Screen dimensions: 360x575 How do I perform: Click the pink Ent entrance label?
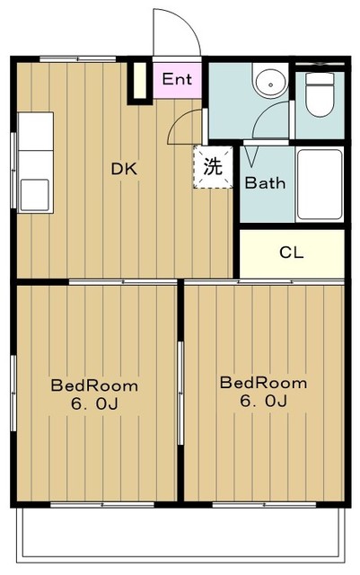[x=177, y=79]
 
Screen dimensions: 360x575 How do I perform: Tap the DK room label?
[x=124, y=169]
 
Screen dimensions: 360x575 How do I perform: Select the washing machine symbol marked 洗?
[x=213, y=167]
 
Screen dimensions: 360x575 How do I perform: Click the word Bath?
[x=265, y=182]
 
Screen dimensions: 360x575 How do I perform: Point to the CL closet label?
[x=292, y=252]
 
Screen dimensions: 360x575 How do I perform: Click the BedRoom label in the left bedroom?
[x=94, y=385]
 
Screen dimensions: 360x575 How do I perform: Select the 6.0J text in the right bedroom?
[x=263, y=401]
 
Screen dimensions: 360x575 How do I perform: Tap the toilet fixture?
[x=320, y=94]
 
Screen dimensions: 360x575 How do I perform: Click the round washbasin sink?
[x=271, y=84]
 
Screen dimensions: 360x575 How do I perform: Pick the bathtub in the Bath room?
[x=320, y=184]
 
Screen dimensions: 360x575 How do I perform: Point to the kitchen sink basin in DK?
[x=35, y=195]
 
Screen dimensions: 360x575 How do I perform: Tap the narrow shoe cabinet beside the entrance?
[x=139, y=81]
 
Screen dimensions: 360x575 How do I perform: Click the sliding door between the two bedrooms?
[x=180, y=393]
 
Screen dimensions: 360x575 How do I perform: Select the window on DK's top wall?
[x=78, y=58]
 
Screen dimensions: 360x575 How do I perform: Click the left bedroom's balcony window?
[x=102, y=505]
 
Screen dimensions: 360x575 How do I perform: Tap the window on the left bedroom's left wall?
[x=13, y=393]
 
